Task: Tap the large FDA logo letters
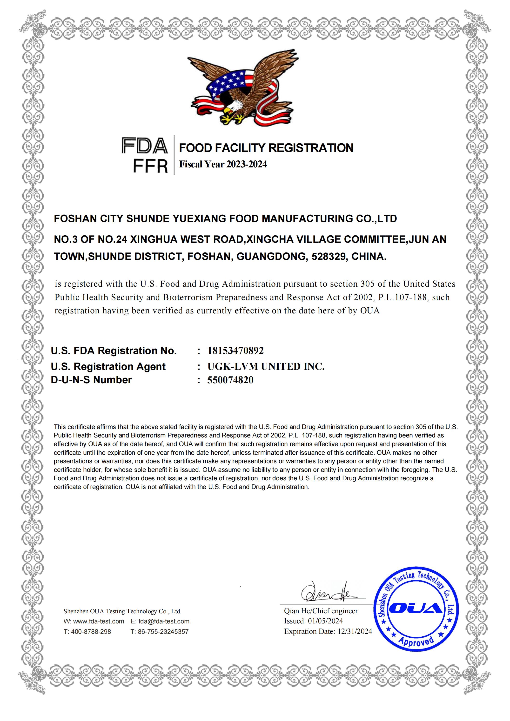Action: coord(145,146)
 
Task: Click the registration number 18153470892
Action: coord(235,351)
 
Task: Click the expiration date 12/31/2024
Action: coord(355,631)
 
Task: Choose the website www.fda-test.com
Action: coord(98,621)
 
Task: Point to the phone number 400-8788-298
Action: coord(91,631)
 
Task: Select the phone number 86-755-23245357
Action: coord(163,631)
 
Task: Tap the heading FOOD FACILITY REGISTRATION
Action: coord(266,148)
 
